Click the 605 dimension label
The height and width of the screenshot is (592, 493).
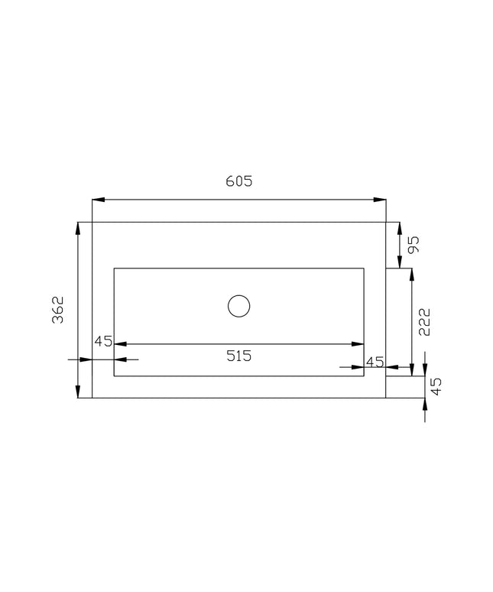click(238, 181)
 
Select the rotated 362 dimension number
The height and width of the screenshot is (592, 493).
click(58, 310)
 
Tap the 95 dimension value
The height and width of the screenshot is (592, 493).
click(414, 245)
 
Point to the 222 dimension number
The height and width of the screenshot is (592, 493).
click(424, 322)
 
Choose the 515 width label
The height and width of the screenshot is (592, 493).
click(238, 356)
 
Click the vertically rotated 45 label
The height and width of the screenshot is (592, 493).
click(436, 386)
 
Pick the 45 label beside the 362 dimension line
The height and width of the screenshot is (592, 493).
click(103, 341)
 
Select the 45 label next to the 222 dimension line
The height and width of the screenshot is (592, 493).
click(375, 362)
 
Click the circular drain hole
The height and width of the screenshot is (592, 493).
click(238, 306)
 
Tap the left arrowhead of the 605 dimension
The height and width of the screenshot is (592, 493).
click(98, 200)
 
